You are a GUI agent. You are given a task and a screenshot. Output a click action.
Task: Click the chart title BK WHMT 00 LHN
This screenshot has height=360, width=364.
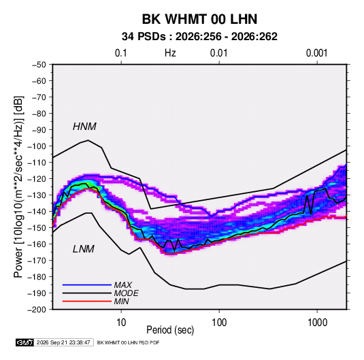pos(199,19)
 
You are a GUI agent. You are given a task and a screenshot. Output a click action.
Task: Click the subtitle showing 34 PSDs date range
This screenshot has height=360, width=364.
pos(199,37)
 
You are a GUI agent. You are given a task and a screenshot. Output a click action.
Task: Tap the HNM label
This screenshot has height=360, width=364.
pos(84,127)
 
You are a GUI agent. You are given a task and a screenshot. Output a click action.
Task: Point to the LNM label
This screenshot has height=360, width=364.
pos(84,249)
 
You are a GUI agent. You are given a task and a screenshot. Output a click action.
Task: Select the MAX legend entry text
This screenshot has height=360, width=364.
pos(122,285)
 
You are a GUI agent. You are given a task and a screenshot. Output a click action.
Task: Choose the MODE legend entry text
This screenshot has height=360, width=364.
pos(126,293)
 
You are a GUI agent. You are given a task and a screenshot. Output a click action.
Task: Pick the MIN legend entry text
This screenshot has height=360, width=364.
pos(121,301)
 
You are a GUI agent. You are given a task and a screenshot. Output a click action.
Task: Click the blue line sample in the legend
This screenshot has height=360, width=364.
pos(87,285)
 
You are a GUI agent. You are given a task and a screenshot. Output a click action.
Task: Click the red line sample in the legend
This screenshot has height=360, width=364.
pos(87,301)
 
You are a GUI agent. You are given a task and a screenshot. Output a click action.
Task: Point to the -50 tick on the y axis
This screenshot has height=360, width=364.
pos(39,65)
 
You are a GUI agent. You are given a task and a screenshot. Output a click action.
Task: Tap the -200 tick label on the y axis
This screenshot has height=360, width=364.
pos(37,310)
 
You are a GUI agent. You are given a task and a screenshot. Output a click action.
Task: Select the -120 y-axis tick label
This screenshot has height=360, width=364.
pos(37,179)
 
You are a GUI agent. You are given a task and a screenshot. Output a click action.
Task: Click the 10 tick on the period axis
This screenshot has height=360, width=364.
pos(121,323)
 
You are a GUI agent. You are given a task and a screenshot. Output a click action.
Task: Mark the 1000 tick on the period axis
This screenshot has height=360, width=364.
pos(317,323)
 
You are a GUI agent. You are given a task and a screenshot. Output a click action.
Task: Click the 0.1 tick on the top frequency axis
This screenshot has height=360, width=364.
pos(121,53)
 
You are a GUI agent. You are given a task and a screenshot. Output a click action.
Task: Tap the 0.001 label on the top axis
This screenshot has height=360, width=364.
pos(316,53)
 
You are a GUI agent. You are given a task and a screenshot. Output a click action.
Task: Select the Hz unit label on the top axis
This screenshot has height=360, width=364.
pos(170,53)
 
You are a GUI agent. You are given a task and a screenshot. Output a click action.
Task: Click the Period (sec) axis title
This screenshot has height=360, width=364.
pos(170,330)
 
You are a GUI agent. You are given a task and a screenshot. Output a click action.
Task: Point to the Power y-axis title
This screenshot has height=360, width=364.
pos(18,187)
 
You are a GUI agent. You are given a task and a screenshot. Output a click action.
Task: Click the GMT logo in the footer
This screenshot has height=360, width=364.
pos(24,342)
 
